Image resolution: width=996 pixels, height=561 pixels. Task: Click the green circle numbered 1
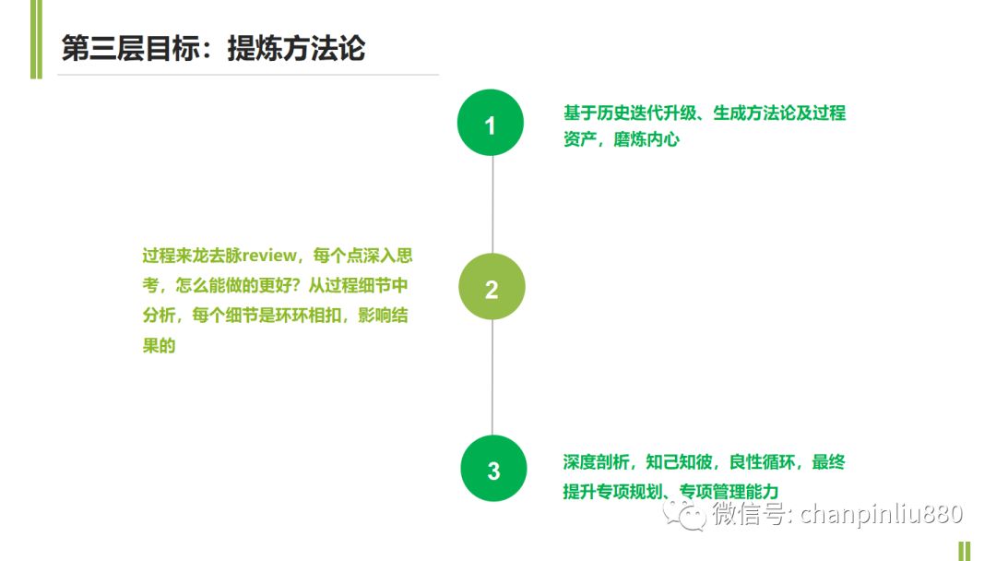coord(491,123)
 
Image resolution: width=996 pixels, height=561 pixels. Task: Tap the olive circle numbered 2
coord(492,287)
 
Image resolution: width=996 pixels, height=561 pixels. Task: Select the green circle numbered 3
coord(493,468)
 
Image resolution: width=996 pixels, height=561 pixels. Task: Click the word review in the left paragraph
coord(269,256)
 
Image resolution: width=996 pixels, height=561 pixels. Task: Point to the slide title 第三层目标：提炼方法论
coord(213,48)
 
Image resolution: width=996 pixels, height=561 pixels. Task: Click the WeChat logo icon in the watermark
coord(684,514)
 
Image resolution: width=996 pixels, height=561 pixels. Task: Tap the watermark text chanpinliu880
coord(882,513)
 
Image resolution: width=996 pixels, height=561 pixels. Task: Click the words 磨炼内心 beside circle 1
coord(646,139)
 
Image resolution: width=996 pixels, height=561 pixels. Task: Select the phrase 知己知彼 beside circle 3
coord(679,462)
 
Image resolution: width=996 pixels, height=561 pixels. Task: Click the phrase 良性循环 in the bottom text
coord(763,462)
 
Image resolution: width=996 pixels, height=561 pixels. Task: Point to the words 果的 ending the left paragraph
coord(159,346)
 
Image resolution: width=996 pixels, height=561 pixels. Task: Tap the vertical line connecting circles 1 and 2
coord(492,205)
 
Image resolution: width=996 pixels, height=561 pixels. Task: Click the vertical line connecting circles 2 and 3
coord(492,377)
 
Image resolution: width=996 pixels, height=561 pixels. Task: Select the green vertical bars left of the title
coord(36,40)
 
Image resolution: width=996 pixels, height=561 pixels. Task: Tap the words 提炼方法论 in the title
coord(297,48)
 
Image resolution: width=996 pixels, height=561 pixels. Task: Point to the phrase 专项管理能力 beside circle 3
coord(729,491)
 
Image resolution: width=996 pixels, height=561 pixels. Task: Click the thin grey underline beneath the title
coord(248,75)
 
